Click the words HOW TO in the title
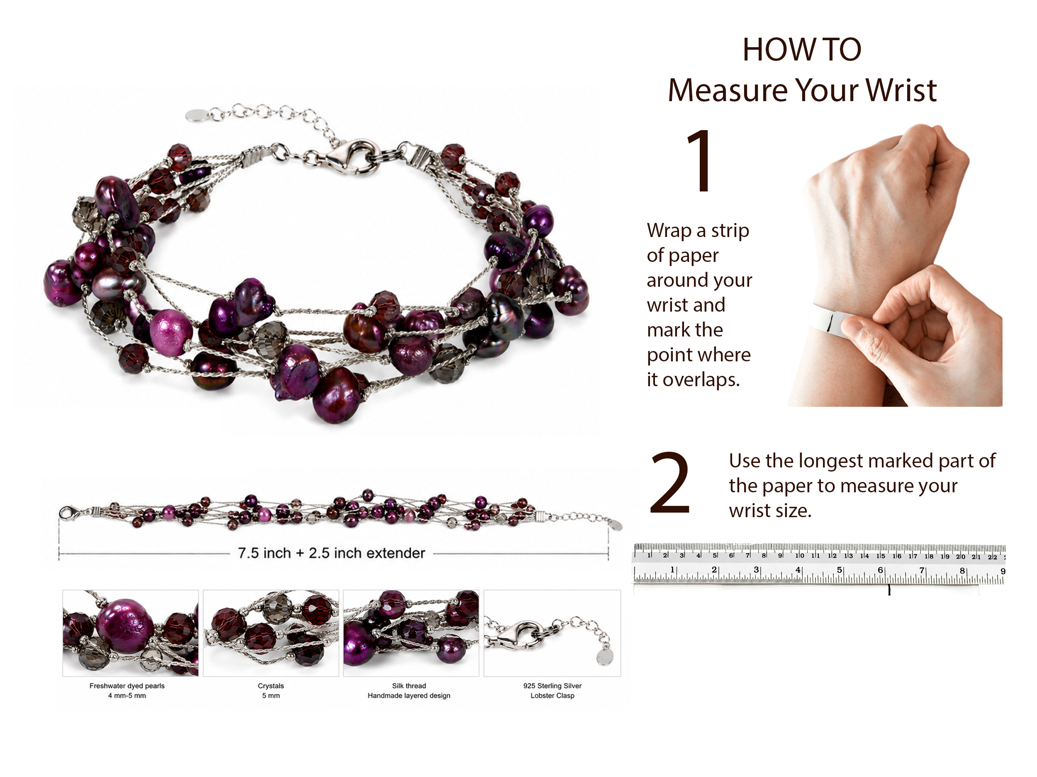pyautogui.click(x=802, y=49)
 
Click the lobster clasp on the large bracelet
pyautogui.click(x=353, y=156)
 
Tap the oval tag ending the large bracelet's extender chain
pyautogui.click(x=195, y=115)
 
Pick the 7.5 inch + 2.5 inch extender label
pyautogui.click(x=331, y=553)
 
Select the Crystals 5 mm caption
pyautogui.click(x=271, y=691)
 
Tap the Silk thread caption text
pyautogui.click(x=409, y=686)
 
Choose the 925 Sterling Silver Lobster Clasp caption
pyautogui.click(x=552, y=691)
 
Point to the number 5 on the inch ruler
pyautogui.click(x=839, y=570)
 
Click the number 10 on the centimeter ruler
pyautogui.click(x=799, y=556)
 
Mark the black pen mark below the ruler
pyautogui.click(x=889, y=590)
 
